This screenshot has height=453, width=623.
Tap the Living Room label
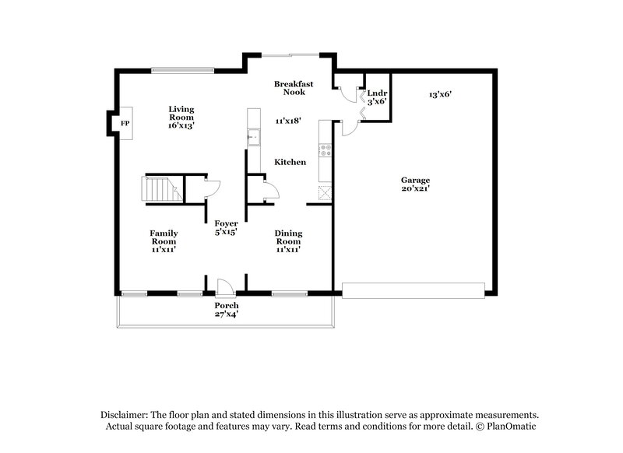[x=181, y=117]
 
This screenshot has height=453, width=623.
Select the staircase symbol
[x=158, y=189]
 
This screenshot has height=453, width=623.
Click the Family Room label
[x=164, y=241]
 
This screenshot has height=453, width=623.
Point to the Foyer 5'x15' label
[x=226, y=227]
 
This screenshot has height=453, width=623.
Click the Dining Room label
[x=288, y=241]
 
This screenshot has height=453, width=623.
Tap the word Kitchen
[x=290, y=162]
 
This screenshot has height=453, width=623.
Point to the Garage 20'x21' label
[x=416, y=184]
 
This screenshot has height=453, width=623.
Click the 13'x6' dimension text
[x=440, y=94]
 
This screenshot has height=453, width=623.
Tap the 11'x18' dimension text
[x=288, y=121]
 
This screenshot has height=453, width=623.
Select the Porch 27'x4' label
[x=227, y=310]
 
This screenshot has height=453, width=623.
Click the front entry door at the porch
[x=222, y=286]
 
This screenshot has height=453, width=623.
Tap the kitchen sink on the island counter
[x=253, y=138]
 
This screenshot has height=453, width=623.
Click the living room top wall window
[x=181, y=71]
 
